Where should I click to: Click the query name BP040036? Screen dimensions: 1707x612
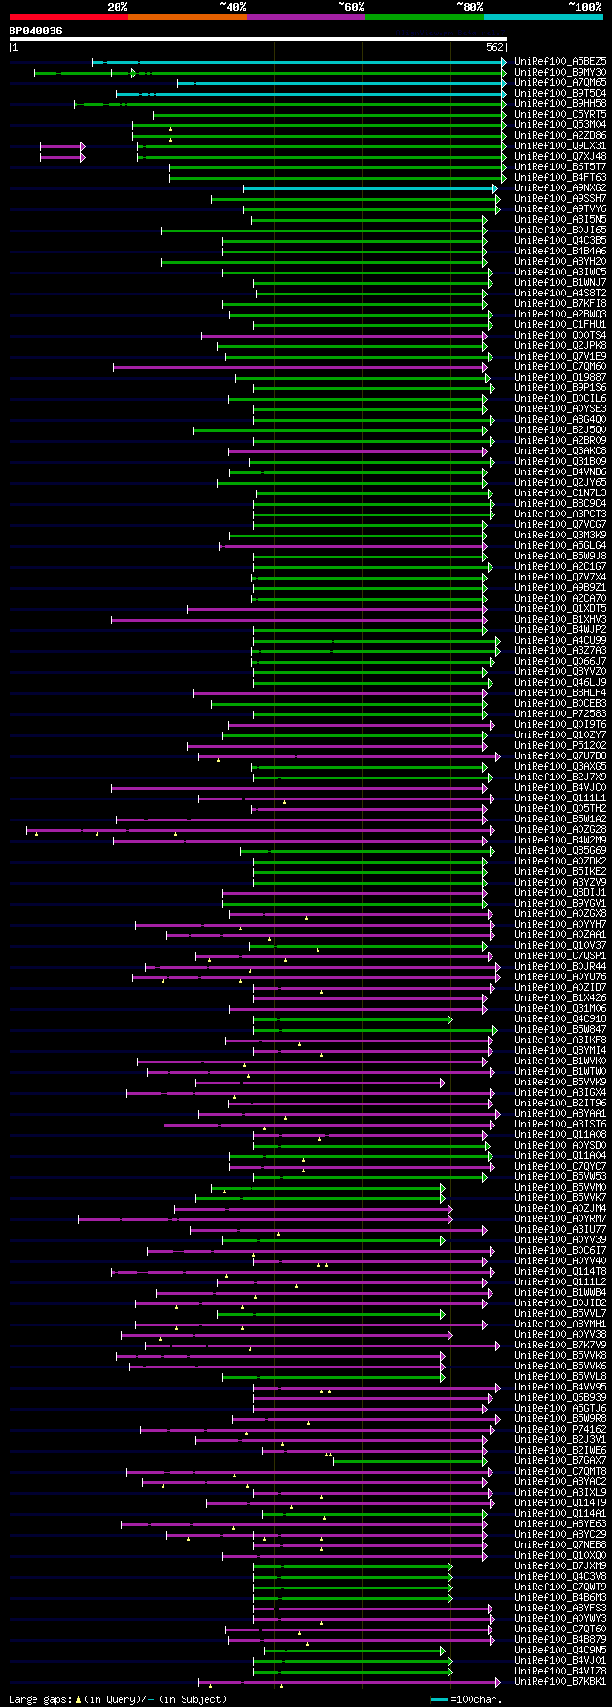click(x=36, y=31)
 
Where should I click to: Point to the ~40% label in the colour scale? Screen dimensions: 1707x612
click(x=232, y=7)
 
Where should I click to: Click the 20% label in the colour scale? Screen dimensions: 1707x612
click(x=118, y=7)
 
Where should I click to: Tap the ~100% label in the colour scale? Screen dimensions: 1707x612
click(x=585, y=7)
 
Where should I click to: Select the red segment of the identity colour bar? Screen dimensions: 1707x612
click(x=68, y=17)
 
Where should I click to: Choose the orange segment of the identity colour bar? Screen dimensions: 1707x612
click(x=186, y=17)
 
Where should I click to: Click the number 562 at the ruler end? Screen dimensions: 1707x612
click(x=494, y=47)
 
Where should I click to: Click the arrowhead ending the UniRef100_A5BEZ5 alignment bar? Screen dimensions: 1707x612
click(x=503, y=62)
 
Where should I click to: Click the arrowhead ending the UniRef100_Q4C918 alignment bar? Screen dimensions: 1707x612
click(x=449, y=1019)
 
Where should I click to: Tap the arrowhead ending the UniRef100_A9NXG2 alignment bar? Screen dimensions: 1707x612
click(x=495, y=188)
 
